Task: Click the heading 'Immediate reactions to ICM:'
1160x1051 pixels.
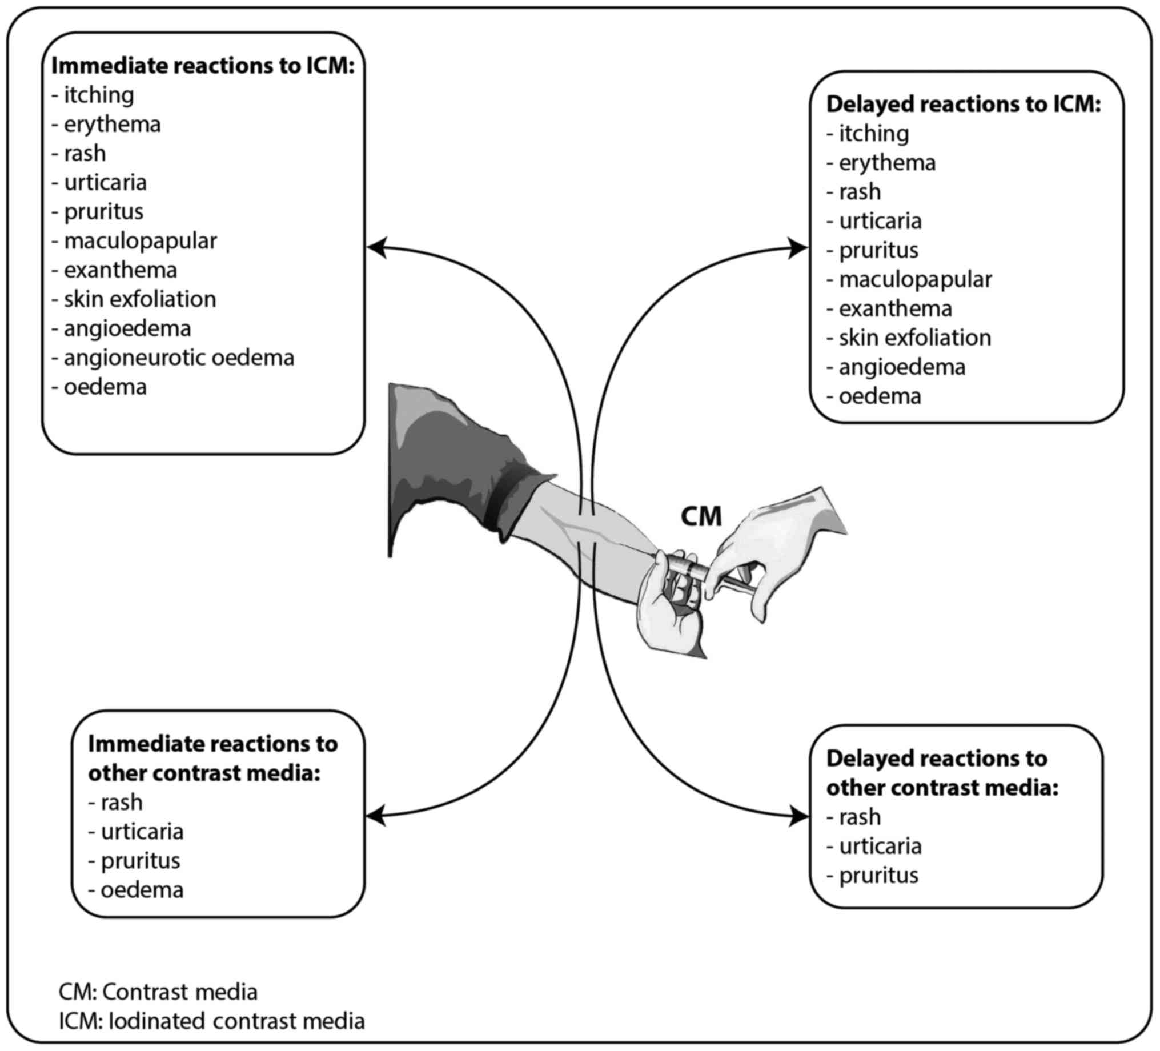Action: (203, 66)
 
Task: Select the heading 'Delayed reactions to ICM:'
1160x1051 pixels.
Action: (963, 104)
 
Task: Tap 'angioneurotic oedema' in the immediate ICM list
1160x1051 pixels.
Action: (178, 358)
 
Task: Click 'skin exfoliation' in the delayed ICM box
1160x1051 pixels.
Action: (914, 338)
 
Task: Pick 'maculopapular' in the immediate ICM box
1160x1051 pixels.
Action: (140, 241)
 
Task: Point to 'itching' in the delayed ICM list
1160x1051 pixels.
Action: (873, 134)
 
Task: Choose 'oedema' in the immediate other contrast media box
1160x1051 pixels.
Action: (142, 890)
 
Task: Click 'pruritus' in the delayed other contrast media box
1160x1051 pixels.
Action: (878, 876)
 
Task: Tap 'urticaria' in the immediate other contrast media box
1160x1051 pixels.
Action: (142, 832)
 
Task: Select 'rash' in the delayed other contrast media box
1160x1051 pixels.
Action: (859, 817)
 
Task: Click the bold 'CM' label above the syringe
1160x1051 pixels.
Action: (701, 516)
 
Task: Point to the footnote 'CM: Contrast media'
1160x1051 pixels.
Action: (158, 992)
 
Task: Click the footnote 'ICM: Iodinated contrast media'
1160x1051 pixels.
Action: (212, 1021)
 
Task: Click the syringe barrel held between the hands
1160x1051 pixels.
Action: (688, 567)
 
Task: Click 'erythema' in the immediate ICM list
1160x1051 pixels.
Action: (111, 125)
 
